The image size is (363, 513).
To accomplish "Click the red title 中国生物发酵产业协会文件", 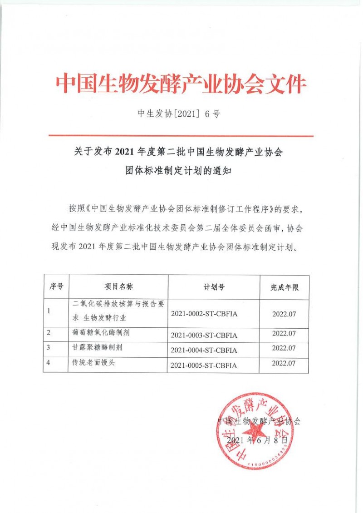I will coord(181,85).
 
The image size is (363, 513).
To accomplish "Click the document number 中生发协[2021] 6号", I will coord(178,114).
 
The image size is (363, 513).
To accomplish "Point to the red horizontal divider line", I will coord(181,136).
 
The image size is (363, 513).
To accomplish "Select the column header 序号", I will coord(56,286).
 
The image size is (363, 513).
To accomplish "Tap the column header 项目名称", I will coord(118,286).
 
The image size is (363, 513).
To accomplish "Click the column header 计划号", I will coord(214,287).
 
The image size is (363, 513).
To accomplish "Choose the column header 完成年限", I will coord(285,287).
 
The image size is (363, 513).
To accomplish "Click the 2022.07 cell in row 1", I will coord(284,313).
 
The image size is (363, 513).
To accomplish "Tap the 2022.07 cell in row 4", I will coord(284,363).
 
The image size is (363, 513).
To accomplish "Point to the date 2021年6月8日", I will coord(257,440).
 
